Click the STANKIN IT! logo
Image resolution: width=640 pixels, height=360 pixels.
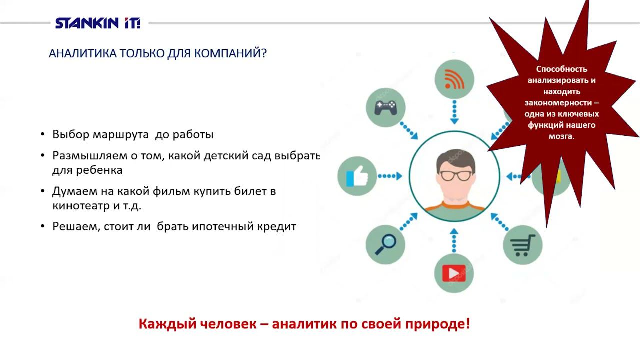[x=98, y=23]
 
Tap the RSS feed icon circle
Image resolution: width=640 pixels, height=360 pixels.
[x=454, y=79]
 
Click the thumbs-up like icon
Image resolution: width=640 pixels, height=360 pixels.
[x=357, y=176]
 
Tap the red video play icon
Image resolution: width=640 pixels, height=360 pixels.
[x=453, y=273]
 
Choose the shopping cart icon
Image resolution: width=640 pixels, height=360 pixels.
[x=522, y=245]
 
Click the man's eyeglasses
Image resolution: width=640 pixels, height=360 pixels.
[x=455, y=175]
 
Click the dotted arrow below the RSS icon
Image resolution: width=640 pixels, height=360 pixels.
[x=454, y=111]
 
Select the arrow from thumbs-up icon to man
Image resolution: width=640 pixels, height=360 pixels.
[x=390, y=176]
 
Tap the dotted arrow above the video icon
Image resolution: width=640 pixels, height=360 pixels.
[x=454, y=240]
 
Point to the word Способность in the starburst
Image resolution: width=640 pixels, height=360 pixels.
[x=561, y=69]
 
